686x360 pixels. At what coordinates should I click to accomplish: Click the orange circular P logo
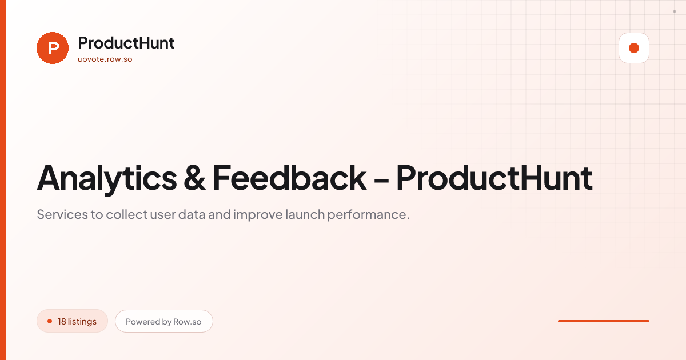(53, 48)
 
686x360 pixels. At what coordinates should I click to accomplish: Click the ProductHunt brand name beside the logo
(126, 43)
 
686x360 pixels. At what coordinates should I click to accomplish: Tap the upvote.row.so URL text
(105, 59)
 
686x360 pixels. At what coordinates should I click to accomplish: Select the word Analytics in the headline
(107, 179)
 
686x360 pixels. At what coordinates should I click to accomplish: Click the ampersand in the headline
(194, 178)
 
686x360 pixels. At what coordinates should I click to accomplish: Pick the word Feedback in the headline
(289, 178)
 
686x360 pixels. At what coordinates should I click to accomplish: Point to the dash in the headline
(381, 180)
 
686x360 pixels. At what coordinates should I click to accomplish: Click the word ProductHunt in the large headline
(494, 178)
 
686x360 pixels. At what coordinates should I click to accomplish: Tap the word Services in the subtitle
(62, 214)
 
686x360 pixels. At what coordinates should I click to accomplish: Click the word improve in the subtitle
(258, 215)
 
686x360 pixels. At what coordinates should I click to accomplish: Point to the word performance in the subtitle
(367, 215)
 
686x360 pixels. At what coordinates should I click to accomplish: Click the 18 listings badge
(72, 321)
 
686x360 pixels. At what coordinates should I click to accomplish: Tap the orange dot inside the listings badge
(50, 321)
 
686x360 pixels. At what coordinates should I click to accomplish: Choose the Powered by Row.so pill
(164, 321)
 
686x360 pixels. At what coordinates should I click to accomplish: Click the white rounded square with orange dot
(634, 48)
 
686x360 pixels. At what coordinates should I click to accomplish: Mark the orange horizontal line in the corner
(604, 321)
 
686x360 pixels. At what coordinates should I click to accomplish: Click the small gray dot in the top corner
(675, 11)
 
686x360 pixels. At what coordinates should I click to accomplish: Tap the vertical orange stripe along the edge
(3, 180)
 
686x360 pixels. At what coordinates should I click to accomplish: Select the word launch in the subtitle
(305, 214)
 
